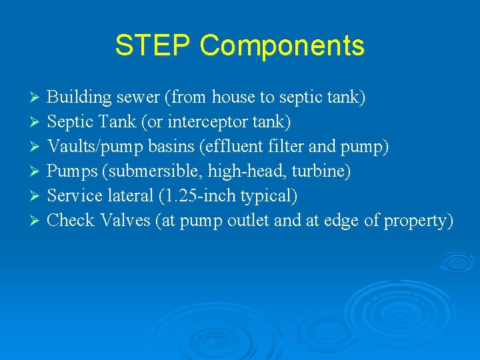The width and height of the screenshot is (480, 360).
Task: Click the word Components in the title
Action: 282,47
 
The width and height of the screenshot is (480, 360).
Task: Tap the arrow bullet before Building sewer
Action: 37,98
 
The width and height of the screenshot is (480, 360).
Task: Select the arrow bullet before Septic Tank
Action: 37,123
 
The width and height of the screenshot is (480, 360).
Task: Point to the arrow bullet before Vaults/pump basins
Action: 37,147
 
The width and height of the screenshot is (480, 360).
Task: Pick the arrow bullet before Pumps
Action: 37,172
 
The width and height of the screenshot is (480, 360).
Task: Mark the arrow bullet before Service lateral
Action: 37,197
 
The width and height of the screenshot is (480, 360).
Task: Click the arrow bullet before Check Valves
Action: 37,221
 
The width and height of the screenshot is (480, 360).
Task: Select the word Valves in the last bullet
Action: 125,221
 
